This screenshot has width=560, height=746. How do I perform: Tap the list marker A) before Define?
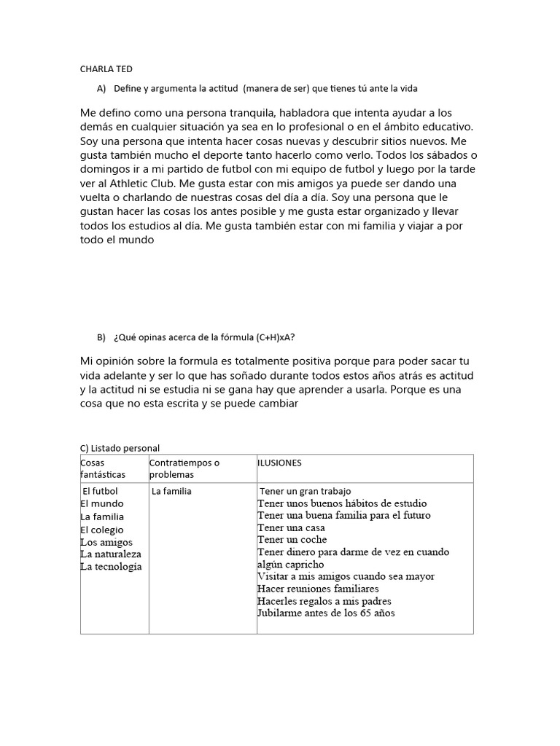(x=101, y=89)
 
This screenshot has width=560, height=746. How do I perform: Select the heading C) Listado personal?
(x=120, y=448)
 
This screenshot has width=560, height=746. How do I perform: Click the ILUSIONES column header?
(x=279, y=463)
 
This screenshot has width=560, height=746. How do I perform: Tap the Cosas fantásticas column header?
(x=103, y=468)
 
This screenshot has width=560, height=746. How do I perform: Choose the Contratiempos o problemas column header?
(x=184, y=468)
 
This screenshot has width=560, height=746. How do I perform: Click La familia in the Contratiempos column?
(x=171, y=491)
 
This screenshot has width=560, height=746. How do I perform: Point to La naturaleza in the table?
(x=111, y=554)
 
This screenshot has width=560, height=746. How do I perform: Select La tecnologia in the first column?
(x=111, y=567)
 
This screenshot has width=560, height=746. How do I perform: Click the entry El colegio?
(x=102, y=530)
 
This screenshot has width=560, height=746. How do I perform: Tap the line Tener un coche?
(x=292, y=540)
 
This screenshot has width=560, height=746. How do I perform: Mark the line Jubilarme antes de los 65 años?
(x=326, y=613)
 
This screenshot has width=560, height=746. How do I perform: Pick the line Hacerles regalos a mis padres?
(x=324, y=601)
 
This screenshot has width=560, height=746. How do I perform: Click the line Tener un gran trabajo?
(x=309, y=491)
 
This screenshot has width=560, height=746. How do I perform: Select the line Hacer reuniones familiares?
(x=318, y=589)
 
